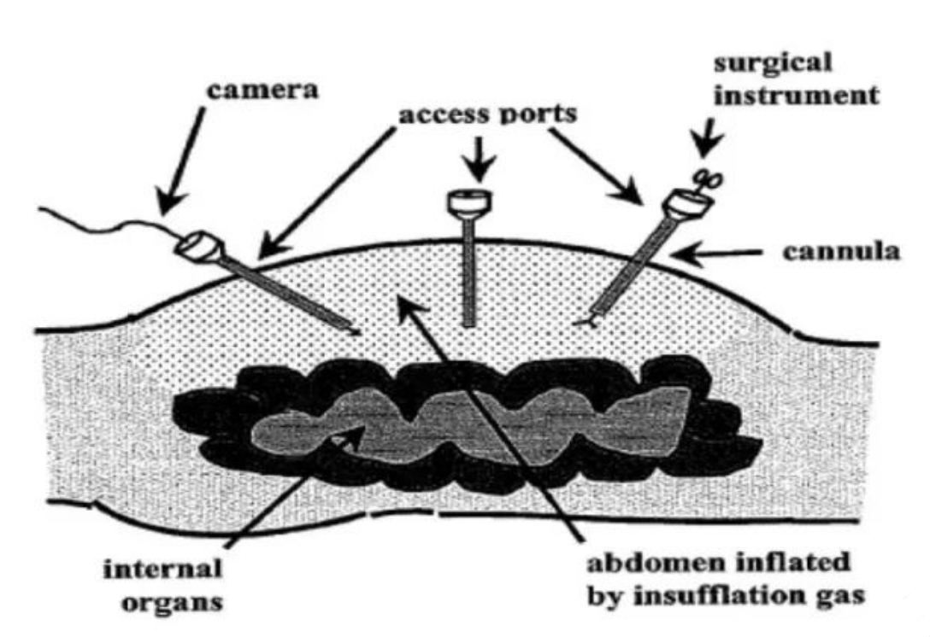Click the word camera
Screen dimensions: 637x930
262,91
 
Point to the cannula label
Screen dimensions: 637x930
841,252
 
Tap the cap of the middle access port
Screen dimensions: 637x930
469,203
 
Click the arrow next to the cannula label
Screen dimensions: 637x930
719,253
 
